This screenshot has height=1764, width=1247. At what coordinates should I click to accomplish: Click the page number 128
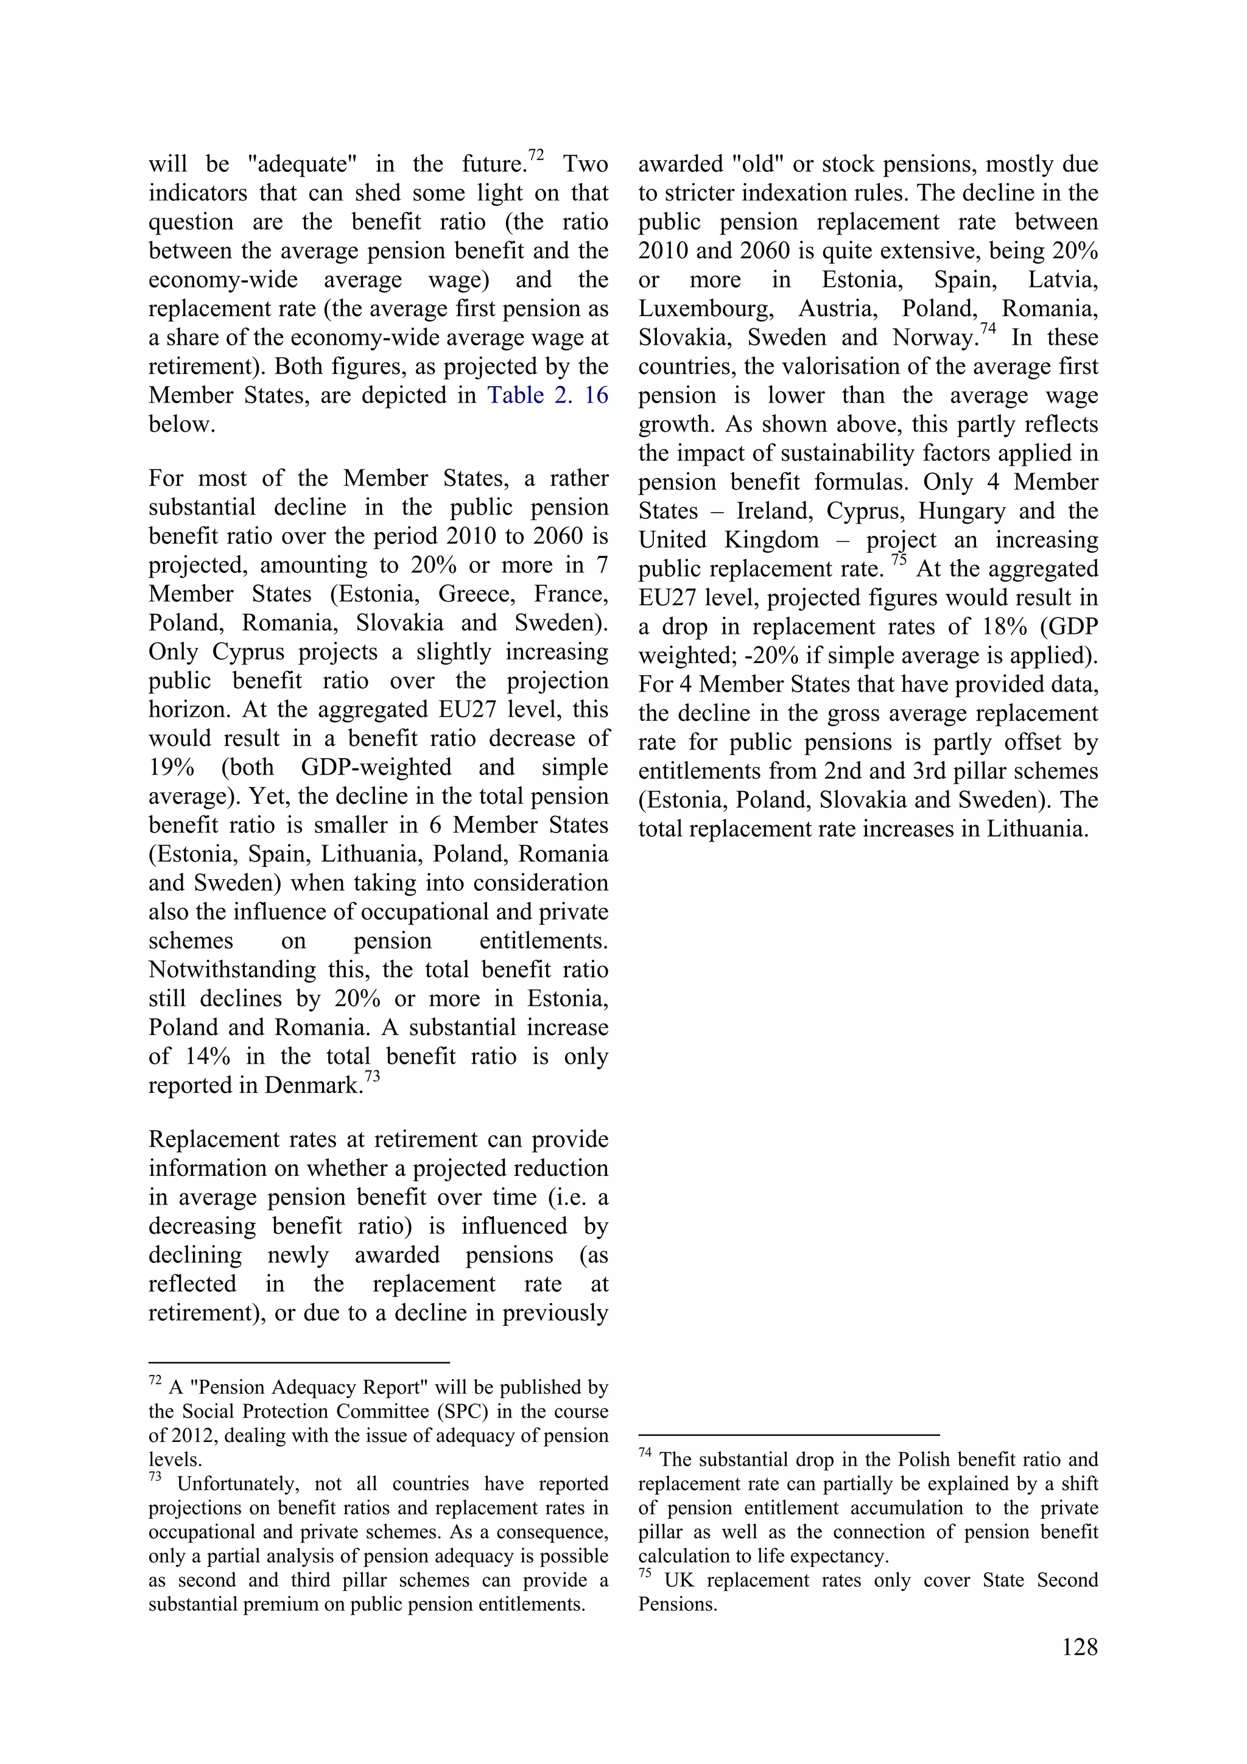point(1080,1648)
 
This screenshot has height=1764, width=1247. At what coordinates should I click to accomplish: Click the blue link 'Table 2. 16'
point(547,396)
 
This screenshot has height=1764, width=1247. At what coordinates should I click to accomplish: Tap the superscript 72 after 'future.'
point(536,155)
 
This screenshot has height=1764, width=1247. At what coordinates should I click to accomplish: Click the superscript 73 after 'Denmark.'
point(372,1077)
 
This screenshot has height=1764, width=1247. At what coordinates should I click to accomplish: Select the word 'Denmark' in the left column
point(312,1086)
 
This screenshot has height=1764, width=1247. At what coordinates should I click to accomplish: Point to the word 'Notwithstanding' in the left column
point(231,969)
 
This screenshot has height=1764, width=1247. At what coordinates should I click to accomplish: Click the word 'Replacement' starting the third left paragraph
point(217,1139)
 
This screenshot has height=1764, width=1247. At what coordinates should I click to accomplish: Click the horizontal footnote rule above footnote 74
point(789,1435)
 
